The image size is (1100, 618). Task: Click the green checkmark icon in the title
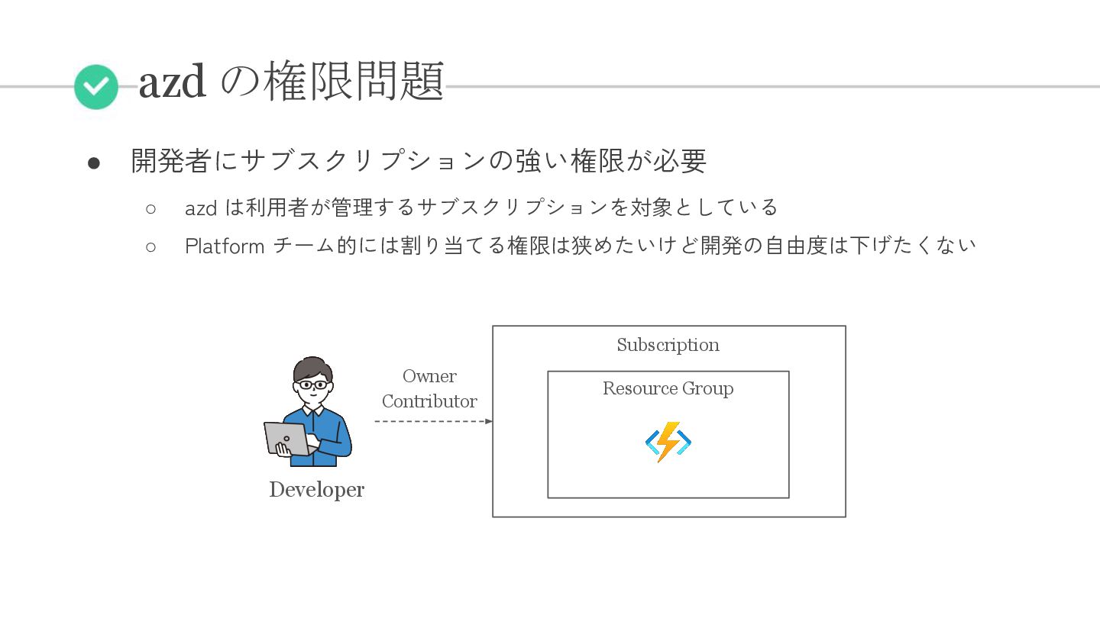click(x=96, y=87)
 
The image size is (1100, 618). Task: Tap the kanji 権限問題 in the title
click(x=354, y=81)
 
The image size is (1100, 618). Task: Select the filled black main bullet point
click(x=94, y=163)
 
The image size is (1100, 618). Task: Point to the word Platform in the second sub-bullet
click(x=225, y=246)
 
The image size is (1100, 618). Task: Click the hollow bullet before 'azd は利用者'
click(x=150, y=208)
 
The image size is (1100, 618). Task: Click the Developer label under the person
click(x=316, y=490)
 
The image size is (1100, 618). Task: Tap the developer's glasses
click(x=312, y=385)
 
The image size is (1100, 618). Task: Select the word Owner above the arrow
click(x=429, y=376)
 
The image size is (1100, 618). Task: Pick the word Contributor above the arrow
click(x=429, y=401)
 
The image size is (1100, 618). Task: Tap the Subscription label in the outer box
click(x=668, y=345)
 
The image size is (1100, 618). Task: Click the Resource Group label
click(x=668, y=388)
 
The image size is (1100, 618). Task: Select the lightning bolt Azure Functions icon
click(x=668, y=442)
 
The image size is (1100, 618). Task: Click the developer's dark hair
click(x=312, y=367)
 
